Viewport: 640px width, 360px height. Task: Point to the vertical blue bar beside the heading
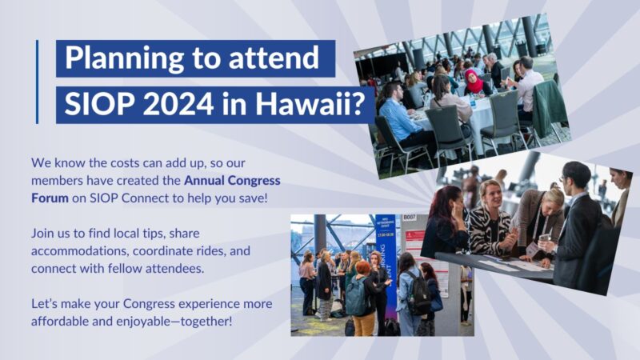click(37, 81)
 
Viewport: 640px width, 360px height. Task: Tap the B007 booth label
click(410, 216)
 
